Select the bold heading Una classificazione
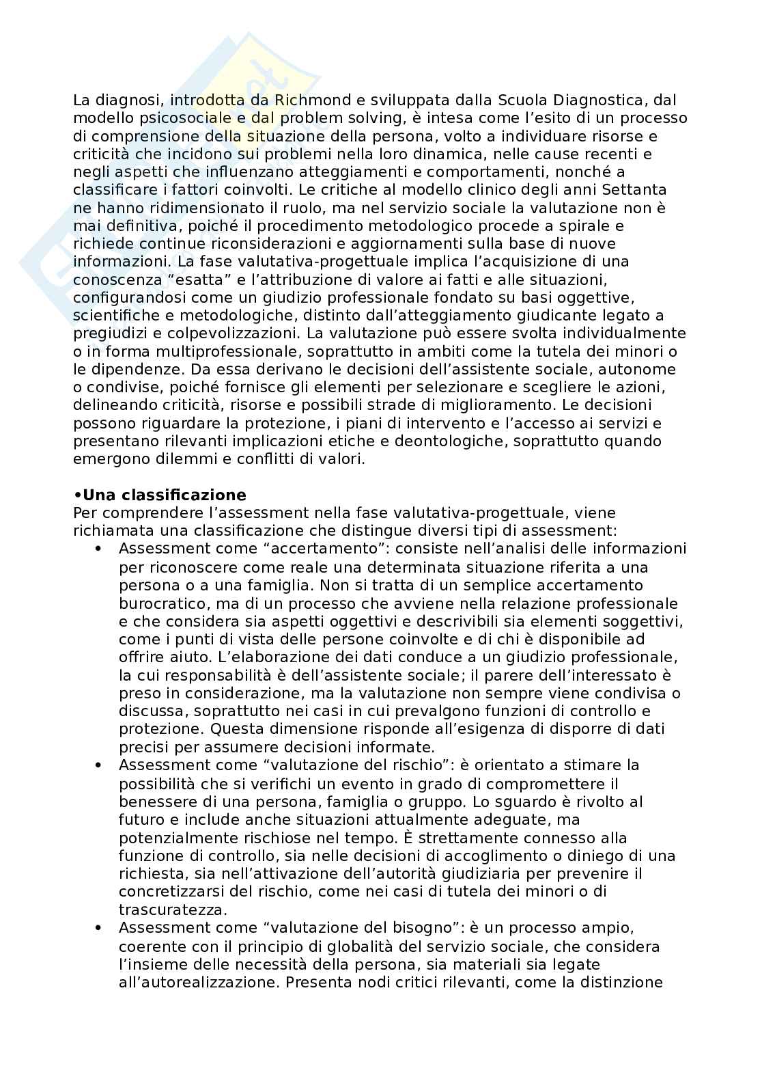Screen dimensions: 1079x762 pyautogui.click(x=164, y=495)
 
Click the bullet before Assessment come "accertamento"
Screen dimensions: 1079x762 pyautogui.click(x=99, y=549)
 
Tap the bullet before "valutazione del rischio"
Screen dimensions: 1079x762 pyautogui.click(x=99, y=765)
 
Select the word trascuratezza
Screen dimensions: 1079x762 pyautogui.click(x=173, y=910)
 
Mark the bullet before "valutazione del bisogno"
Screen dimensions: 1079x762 pyautogui.click(x=99, y=927)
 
